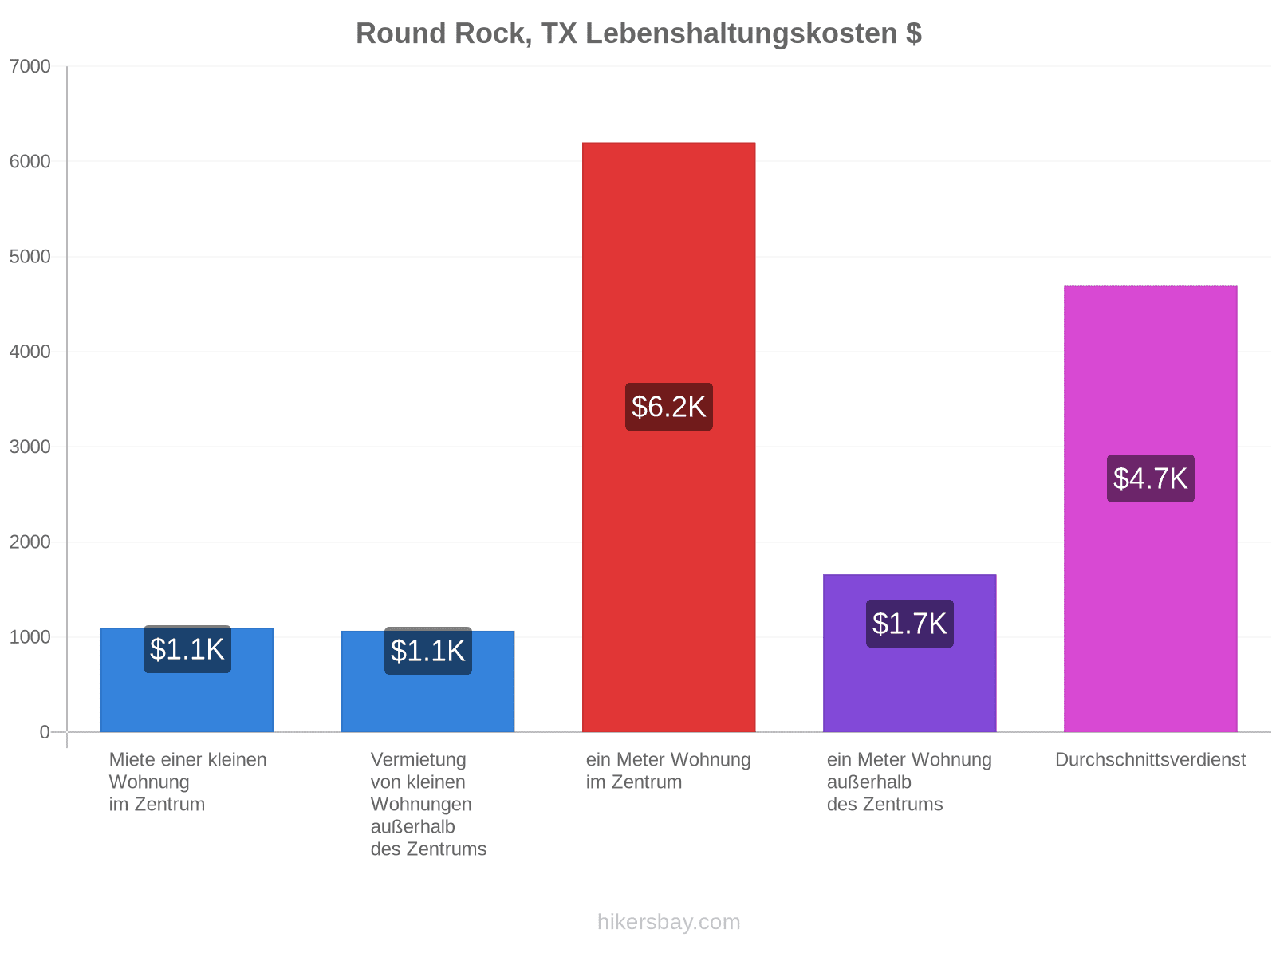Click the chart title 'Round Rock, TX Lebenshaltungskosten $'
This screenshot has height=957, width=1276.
pos(638,33)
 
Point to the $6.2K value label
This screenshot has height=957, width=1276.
pos(668,406)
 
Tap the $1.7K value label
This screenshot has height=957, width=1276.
pos(908,623)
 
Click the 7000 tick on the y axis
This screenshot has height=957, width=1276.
pos(30,66)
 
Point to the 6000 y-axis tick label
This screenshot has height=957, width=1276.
pos(30,161)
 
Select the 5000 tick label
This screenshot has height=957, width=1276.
pos(30,256)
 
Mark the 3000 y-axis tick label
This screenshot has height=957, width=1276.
pos(30,447)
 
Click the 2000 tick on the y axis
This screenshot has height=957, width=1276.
pos(30,542)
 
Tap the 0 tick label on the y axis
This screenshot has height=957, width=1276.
pos(45,731)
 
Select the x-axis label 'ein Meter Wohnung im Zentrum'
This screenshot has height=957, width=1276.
pos(668,770)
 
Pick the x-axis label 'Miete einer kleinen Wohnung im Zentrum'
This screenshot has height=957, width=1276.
pos(187,781)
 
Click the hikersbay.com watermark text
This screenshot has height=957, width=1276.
pos(668,921)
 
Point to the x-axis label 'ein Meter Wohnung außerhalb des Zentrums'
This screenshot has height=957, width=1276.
pos(908,781)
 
